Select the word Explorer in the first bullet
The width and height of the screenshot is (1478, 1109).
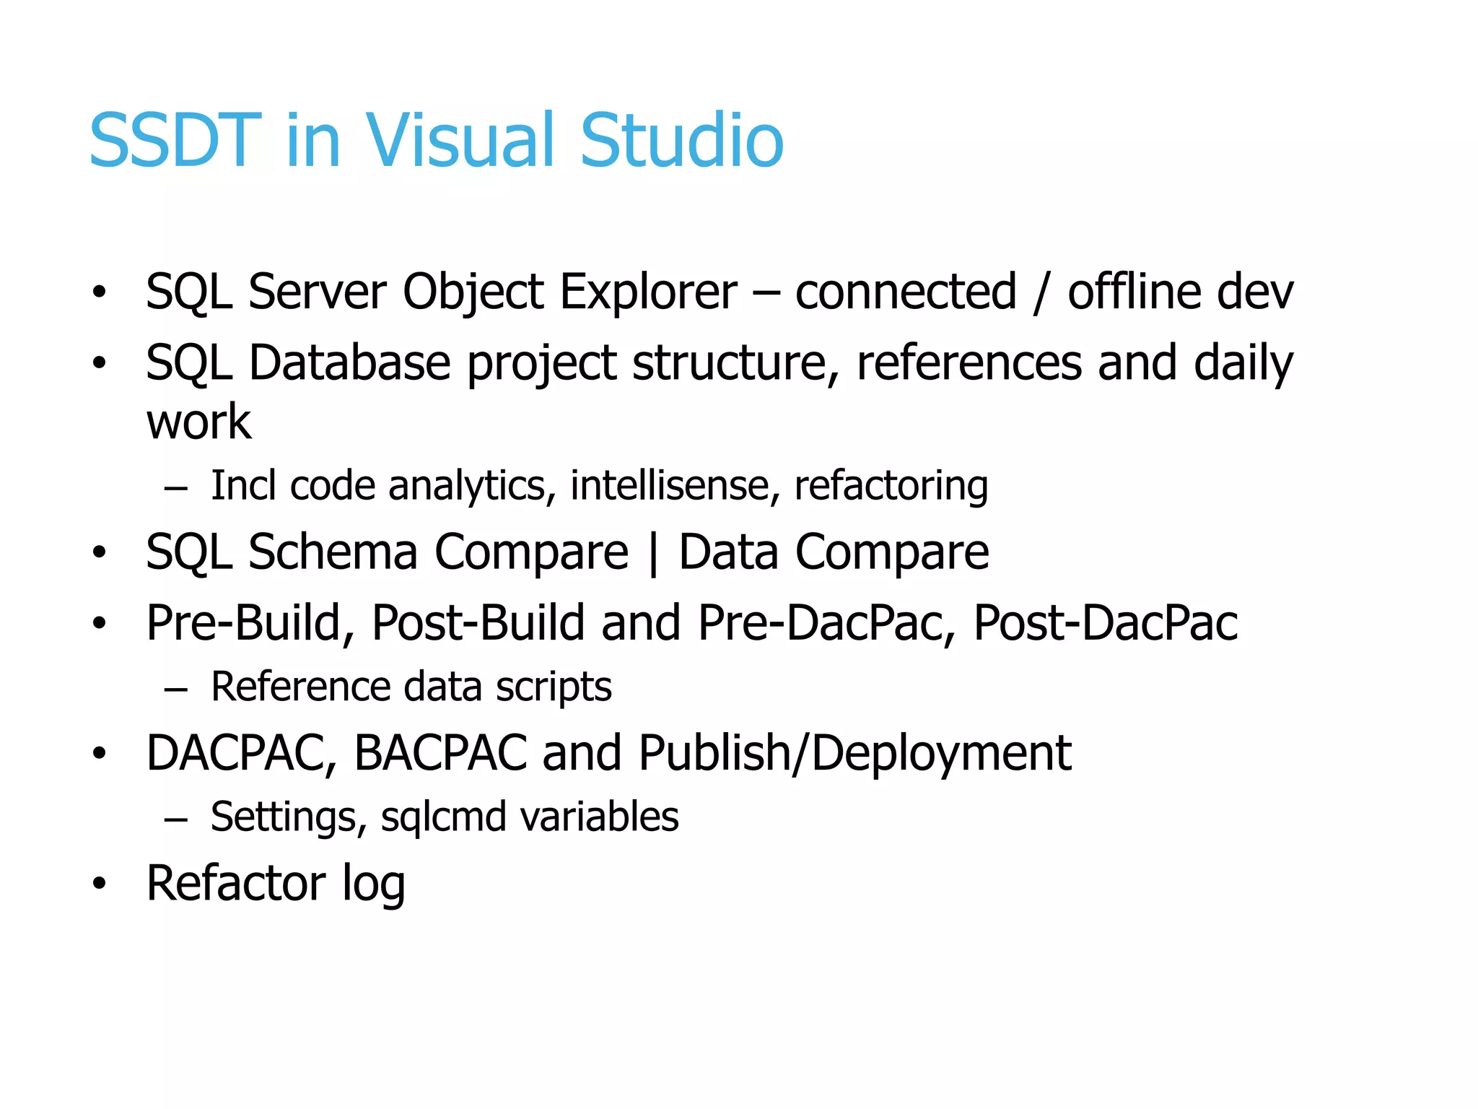[x=648, y=292]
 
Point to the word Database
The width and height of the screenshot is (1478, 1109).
[x=349, y=362]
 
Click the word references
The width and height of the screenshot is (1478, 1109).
[x=968, y=362]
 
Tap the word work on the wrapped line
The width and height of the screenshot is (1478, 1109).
[x=198, y=422]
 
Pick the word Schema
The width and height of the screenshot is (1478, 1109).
[x=333, y=552]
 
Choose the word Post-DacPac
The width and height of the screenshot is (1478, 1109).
[x=1106, y=622]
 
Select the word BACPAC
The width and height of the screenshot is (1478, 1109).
[x=440, y=753]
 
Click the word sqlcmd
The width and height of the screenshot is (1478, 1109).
[x=443, y=817]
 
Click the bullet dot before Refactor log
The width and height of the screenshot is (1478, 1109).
[x=99, y=883]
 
